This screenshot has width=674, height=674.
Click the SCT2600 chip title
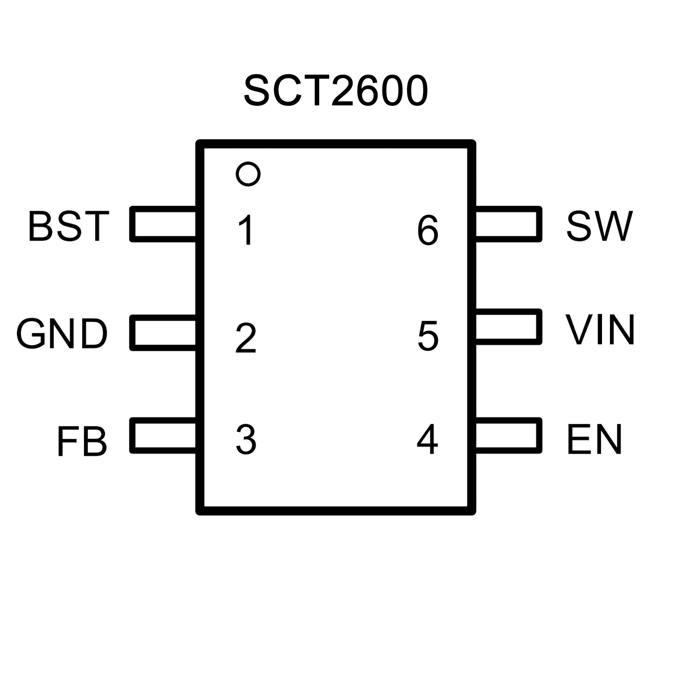(336, 91)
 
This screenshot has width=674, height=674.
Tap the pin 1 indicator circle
(248, 163)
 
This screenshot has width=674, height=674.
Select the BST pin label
(68, 226)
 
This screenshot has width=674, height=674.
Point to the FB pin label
(82, 440)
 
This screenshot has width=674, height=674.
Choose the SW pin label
(600, 226)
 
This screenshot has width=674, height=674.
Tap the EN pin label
(595, 439)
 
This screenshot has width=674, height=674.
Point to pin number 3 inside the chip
(246, 439)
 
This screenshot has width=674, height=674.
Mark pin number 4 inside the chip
(427, 439)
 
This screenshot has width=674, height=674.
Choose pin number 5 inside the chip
(428, 336)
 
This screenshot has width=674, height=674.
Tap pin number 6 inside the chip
(428, 230)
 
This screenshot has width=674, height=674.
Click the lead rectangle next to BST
(132, 224)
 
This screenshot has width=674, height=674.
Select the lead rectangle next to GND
(132, 332)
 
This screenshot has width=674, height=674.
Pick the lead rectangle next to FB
(132, 435)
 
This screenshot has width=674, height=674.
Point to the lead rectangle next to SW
(540, 224)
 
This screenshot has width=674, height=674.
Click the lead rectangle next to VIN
(540, 327)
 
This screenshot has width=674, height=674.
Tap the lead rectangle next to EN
(540, 435)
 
